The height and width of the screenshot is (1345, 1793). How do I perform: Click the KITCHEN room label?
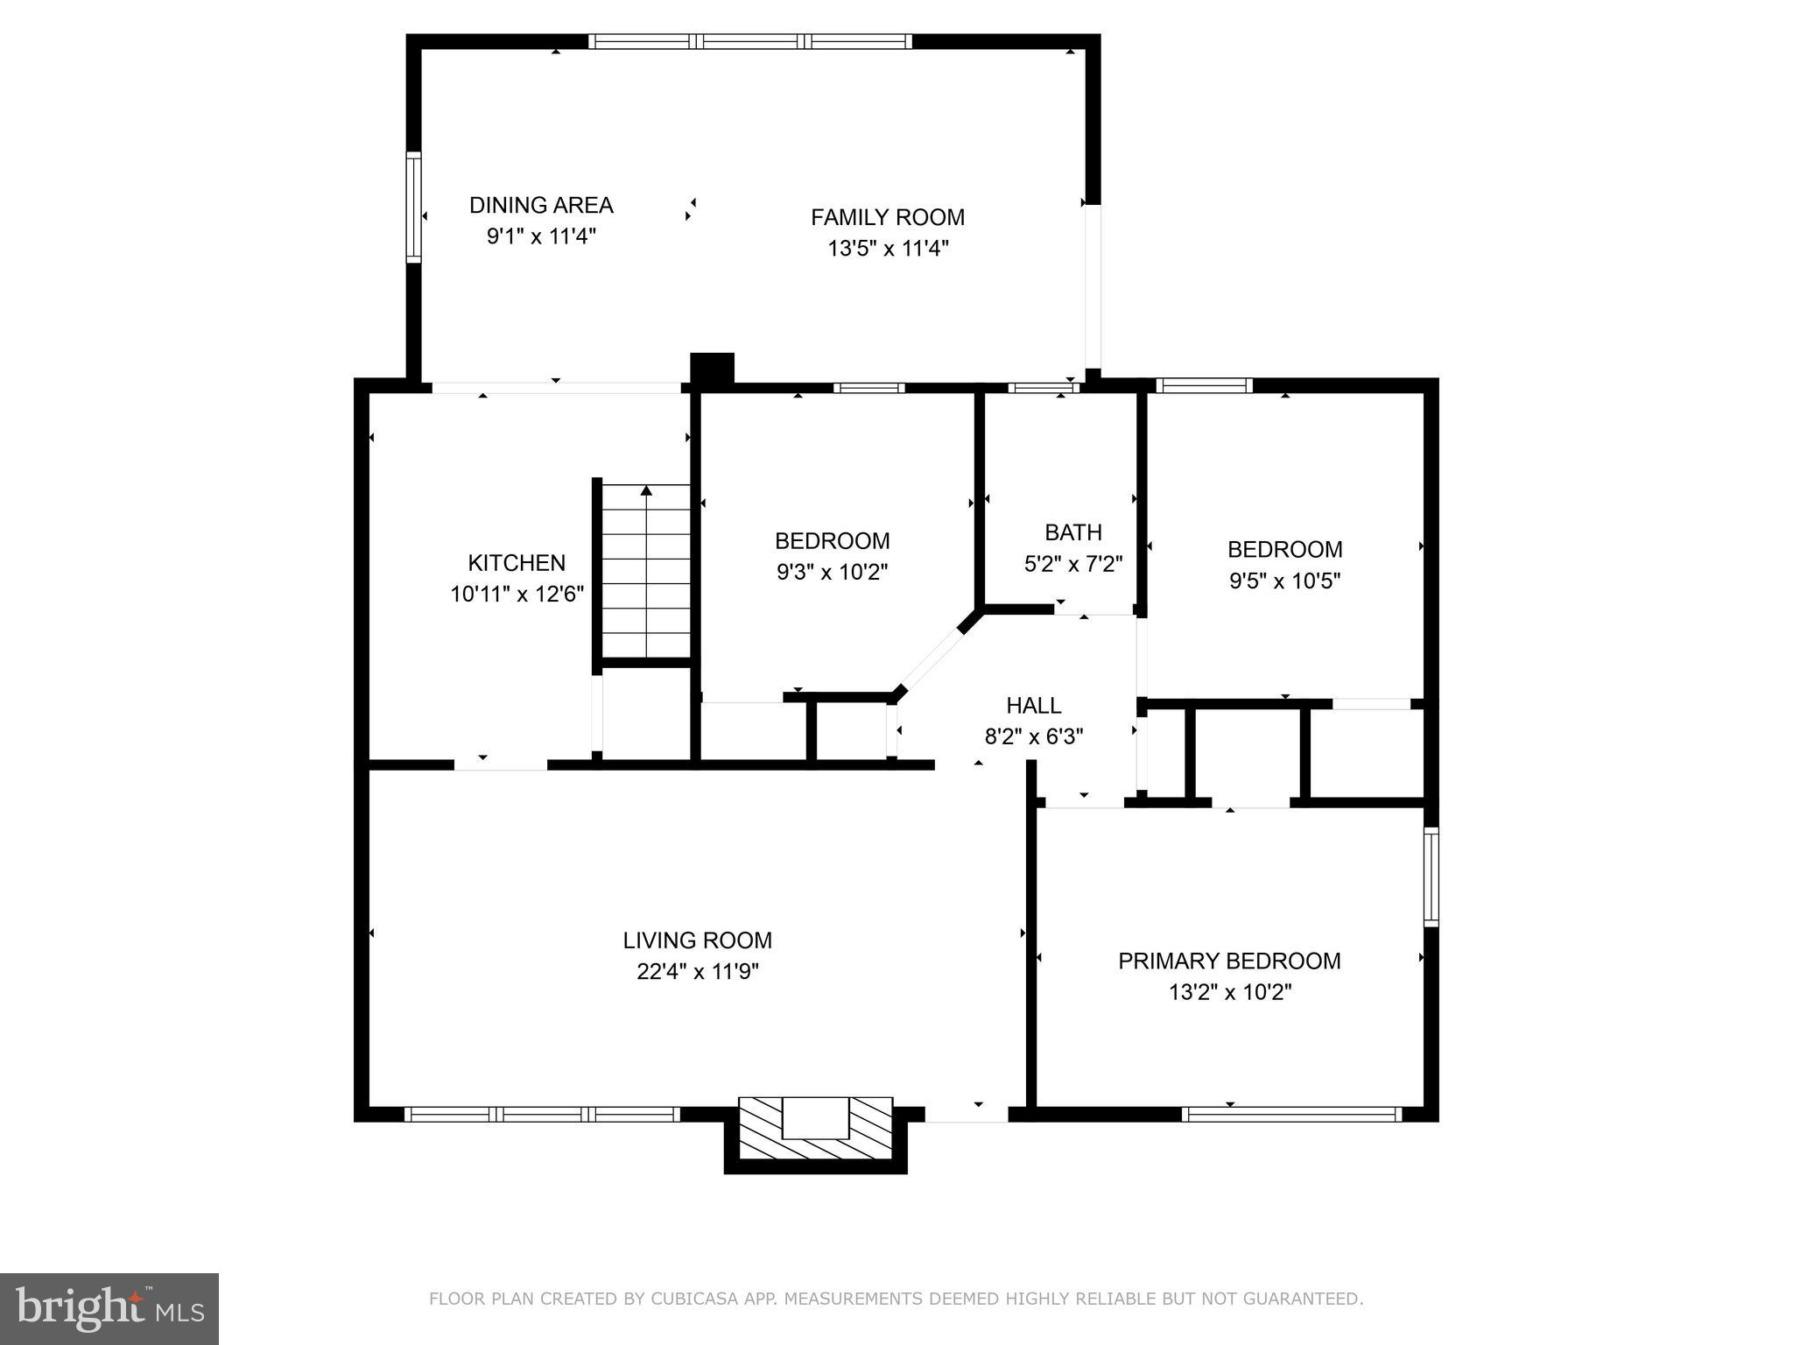(x=517, y=562)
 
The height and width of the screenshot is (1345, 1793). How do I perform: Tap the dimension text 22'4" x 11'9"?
(x=697, y=971)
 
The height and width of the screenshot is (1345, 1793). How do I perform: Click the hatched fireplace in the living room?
(x=815, y=1129)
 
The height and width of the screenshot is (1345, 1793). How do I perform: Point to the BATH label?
(x=1072, y=532)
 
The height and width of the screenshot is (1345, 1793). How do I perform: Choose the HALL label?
(x=1033, y=705)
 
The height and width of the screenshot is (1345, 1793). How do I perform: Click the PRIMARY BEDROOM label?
(x=1228, y=961)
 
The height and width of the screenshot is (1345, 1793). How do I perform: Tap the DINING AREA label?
(x=541, y=205)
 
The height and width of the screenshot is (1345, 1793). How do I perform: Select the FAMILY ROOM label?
(x=887, y=217)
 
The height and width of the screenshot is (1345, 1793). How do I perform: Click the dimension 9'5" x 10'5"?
(x=1284, y=581)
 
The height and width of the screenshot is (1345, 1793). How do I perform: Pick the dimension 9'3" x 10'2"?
(x=832, y=572)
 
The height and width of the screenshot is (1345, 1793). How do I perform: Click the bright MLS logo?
(x=109, y=1308)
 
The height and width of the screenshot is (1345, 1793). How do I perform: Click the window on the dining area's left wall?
(x=413, y=207)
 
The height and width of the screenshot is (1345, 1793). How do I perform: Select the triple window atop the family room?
(x=749, y=41)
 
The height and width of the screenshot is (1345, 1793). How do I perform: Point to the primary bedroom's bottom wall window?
(x=1290, y=1114)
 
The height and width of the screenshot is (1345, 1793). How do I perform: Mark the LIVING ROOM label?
(x=697, y=940)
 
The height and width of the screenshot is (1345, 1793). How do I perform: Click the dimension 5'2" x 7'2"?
(x=1072, y=563)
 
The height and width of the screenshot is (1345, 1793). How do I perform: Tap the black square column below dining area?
(x=712, y=369)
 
